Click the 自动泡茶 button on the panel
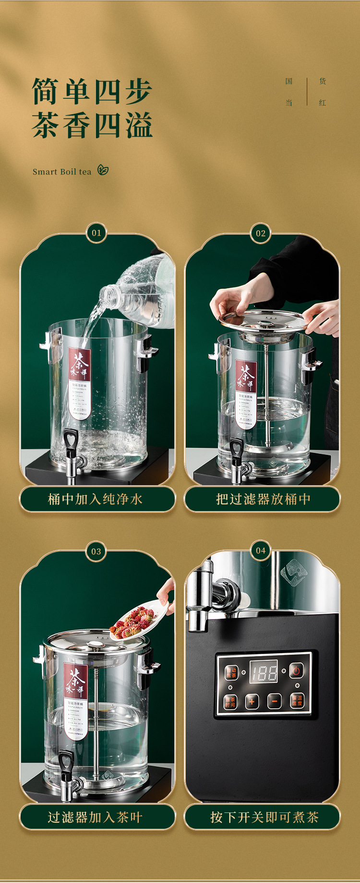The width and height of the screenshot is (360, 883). point(231,673)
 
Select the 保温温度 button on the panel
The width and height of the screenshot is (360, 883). point(297,701)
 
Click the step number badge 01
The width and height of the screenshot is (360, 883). point(96,233)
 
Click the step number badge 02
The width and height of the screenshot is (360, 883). point(261,233)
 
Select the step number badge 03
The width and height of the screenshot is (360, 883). point(96,551)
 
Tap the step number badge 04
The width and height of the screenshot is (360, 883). point(261,550)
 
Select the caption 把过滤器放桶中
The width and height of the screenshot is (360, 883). point(262,499)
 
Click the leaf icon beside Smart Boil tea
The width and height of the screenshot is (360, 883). point(103,170)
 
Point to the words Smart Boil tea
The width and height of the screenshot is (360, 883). point(62,172)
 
